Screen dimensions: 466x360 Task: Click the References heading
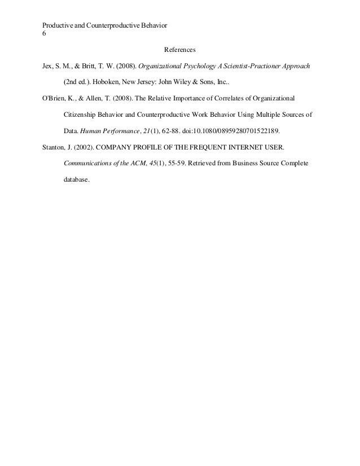(179, 50)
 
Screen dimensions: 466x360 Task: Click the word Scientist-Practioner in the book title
(239, 65)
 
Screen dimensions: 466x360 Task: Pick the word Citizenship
(78, 115)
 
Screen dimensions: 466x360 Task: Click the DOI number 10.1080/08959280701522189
(240, 131)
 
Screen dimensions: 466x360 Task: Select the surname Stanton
(55, 148)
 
